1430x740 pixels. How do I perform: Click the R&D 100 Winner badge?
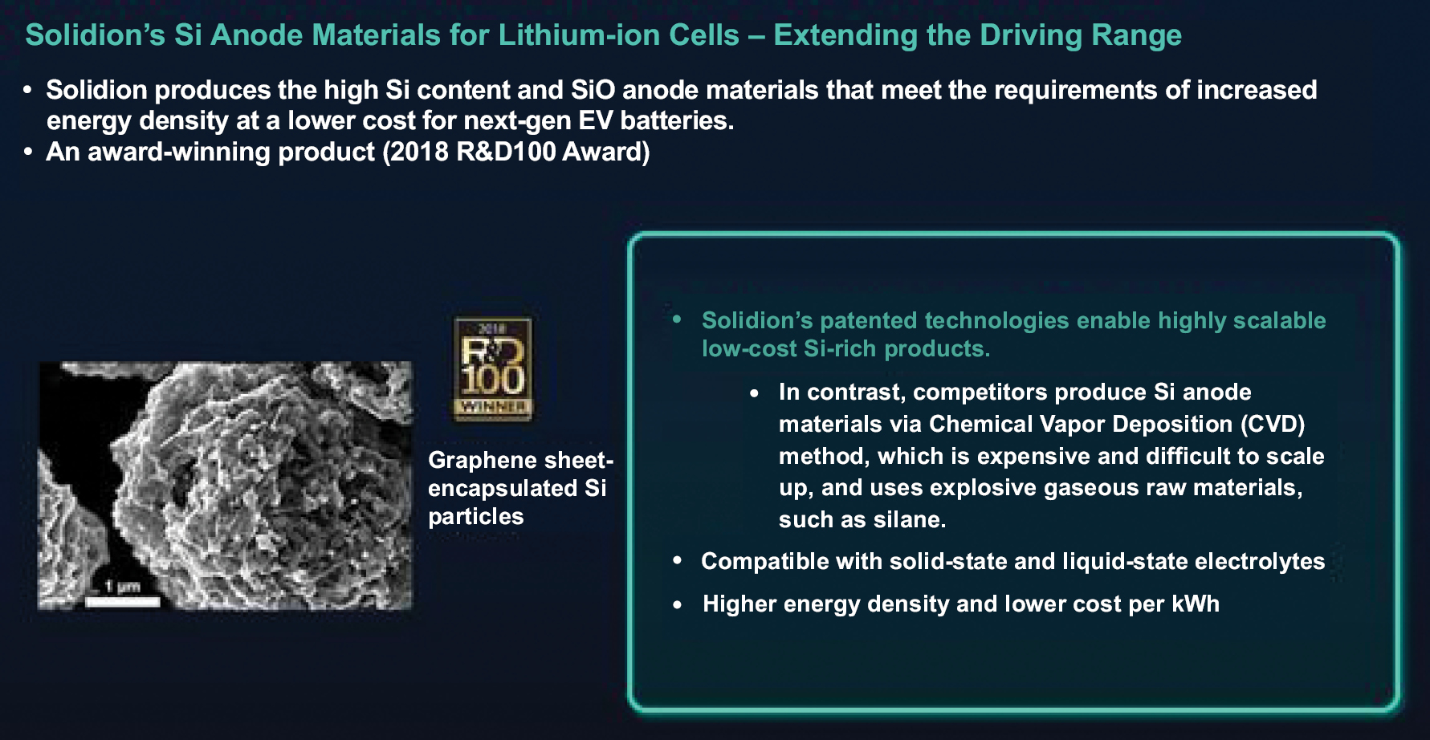(x=493, y=368)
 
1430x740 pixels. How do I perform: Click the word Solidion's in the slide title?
(x=96, y=35)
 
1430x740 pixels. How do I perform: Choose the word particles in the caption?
(x=475, y=517)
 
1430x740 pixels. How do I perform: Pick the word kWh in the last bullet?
(x=1196, y=604)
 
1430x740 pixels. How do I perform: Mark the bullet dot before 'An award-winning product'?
(x=28, y=152)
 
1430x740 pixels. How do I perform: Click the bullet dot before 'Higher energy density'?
(x=678, y=604)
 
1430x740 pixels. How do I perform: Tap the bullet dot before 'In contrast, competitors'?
(x=754, y=392)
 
